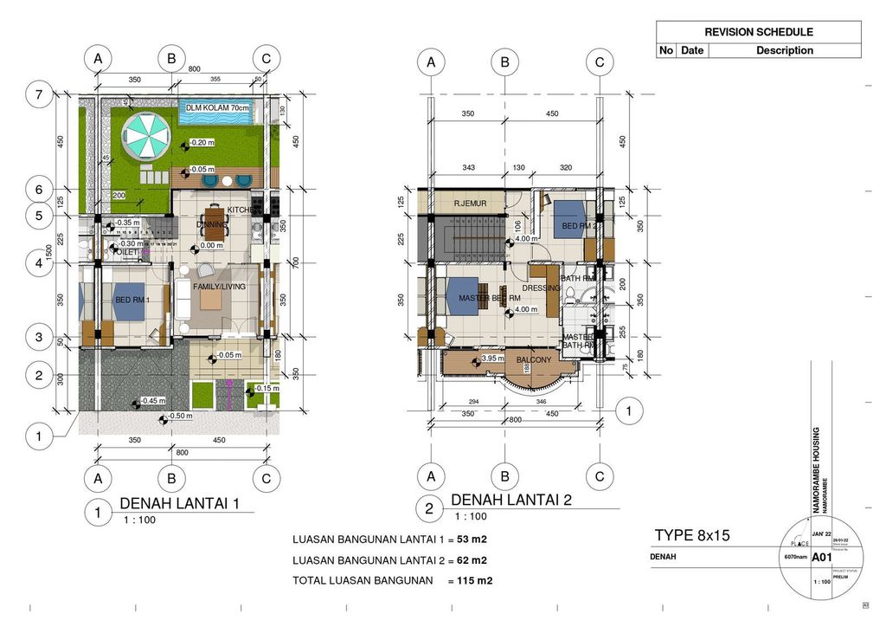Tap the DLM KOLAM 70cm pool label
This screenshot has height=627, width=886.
[216, 108]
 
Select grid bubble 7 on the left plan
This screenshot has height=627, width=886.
[37, 95]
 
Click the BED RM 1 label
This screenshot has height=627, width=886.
[132, 300]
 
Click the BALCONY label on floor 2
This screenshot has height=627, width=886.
[534, 359]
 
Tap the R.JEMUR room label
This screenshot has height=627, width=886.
[470, 204]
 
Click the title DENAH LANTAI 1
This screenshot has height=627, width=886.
[178, 503]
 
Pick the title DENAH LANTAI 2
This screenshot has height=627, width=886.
[511, 500]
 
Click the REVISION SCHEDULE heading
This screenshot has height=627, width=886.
[758, 32]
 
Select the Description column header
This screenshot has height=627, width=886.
[784, 50]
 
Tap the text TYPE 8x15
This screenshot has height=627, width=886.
[692, 535]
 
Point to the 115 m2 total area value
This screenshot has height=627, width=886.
[475, 580]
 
